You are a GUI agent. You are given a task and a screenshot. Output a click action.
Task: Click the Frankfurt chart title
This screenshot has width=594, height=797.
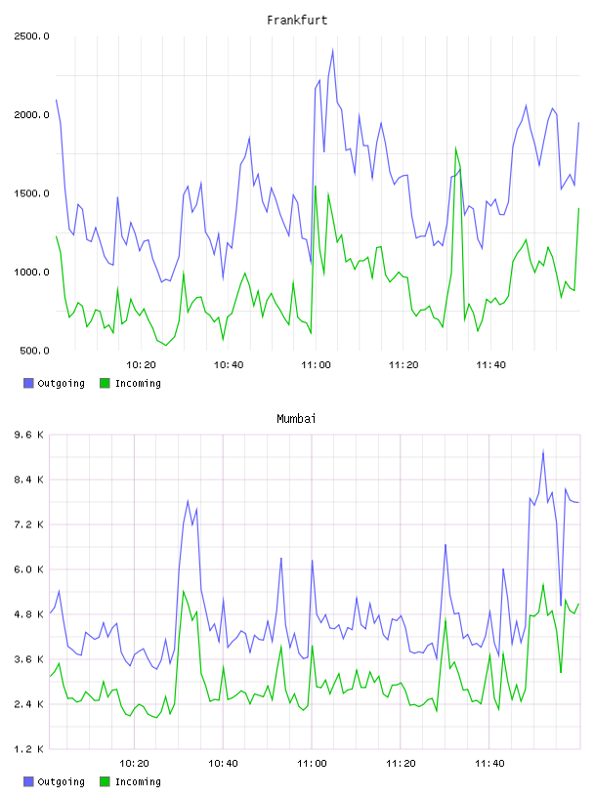[297, 21]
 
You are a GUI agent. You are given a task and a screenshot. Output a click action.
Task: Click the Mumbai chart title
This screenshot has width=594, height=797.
[296, 419]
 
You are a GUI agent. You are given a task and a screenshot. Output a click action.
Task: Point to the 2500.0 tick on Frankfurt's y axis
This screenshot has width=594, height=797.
[31, 36]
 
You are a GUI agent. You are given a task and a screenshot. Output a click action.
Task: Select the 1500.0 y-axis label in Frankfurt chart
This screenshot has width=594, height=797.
[31, 193]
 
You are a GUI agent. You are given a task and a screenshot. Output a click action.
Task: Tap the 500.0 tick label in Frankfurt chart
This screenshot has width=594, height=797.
[34, 351]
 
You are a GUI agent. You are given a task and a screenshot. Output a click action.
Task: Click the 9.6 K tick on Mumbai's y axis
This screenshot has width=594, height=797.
[29, 435]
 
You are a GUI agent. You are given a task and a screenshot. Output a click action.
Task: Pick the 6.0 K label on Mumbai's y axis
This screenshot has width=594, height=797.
[29, 569]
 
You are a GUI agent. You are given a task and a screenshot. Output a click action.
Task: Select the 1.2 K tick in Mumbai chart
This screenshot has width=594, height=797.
[29, 749]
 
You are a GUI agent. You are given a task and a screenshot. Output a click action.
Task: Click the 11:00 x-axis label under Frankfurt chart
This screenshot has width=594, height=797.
[316, 365]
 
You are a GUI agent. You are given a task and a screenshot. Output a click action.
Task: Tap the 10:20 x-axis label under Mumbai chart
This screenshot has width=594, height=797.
[134, 764]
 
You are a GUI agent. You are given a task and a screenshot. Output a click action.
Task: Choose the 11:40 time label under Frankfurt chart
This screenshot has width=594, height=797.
[490, 365]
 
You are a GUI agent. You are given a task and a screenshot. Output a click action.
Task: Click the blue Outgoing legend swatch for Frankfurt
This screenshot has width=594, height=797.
[28, 383]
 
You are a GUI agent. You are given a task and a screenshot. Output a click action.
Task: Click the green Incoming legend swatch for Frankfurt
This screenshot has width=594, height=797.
[105, 383]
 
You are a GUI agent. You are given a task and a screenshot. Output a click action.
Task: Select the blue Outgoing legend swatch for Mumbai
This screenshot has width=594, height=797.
[28, 781]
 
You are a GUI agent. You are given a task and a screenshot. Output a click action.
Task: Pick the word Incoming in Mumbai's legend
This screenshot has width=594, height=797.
[138, 781]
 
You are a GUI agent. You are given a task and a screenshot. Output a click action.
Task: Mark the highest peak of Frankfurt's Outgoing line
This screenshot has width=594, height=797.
[332, 50]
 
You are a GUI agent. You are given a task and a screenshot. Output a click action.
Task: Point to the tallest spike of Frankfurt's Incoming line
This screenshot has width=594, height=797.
[455, 147]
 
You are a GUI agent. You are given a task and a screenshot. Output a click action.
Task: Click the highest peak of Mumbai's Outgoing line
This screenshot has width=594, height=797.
[543, 450]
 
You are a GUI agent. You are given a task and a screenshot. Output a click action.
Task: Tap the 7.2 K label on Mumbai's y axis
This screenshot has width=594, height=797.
[29, 524]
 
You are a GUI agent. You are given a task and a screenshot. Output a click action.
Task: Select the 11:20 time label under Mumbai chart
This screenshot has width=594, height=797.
[401, 764]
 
